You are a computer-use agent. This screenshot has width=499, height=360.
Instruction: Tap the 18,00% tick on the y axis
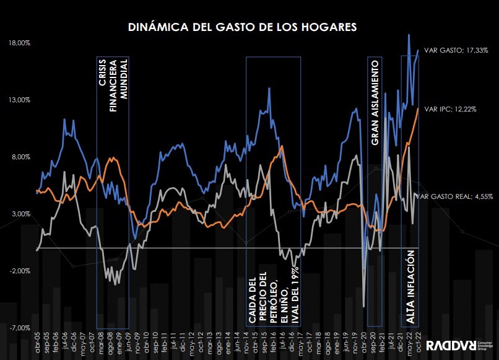[20, 43]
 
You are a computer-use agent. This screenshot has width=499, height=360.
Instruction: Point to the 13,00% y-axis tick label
[20, 100]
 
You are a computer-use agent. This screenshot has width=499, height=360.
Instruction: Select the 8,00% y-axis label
[20, 157]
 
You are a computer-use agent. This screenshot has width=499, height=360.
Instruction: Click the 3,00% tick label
[20, 214]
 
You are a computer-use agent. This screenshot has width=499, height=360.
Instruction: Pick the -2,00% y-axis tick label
[20, 271]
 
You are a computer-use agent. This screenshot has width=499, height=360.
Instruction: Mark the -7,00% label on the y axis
[20, 328]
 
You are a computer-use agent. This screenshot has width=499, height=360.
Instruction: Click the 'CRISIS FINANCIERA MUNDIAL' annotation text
[113, 84]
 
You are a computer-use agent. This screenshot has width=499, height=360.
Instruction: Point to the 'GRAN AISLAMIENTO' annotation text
[374, 102]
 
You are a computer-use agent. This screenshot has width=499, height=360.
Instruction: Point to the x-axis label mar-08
[101, 343]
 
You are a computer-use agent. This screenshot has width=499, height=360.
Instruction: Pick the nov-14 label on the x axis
[246, 343]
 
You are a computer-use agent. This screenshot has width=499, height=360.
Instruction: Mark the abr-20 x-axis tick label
[365, 343]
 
